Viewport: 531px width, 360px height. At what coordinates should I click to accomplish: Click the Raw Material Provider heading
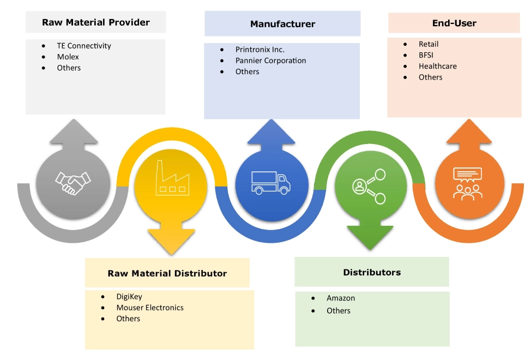click(x=95, y=22)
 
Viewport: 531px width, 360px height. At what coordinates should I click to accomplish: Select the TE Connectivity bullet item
click(x=84, y=46)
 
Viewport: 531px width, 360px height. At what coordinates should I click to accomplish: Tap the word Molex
click(x=68, y=57)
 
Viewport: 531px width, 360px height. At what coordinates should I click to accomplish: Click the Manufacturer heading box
click(x=282, y=24)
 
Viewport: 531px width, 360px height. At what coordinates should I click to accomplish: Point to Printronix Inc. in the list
click(x=260, y=49)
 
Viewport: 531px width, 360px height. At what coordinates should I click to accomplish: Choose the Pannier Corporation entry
click(x=270, y=61)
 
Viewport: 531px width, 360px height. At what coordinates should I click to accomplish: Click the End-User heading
click(x=455, y=23)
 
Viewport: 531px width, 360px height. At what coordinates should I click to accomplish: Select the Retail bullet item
click(x=429, y=44)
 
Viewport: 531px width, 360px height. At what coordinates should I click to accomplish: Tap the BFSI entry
click(x=427, y=55)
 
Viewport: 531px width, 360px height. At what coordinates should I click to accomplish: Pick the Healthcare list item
click(x=438, y=66)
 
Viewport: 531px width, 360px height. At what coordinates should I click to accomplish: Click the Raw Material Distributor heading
click(x=167, y=273)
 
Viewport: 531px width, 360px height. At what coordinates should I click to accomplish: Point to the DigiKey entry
click(x=129, y=297)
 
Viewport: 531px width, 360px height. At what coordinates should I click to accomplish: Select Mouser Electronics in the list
click(x=150, y=308)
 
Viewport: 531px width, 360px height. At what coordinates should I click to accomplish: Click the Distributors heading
click(x=372, y=272)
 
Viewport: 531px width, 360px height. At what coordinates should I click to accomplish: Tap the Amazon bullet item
click(x=341, y=298)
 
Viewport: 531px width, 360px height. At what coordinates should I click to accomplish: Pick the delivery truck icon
click(x=270, y=182)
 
